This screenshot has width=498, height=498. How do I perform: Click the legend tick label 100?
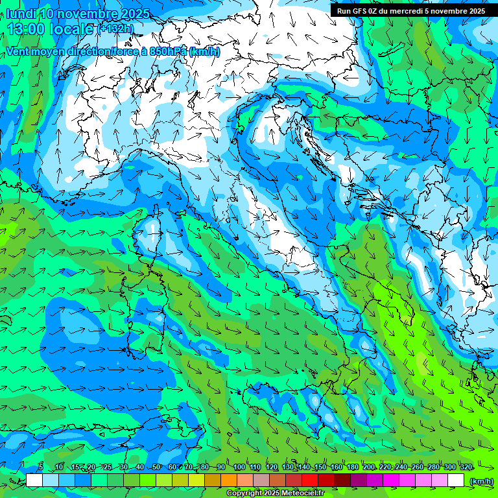coord(239,467)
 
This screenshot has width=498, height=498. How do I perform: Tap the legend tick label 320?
coord(466,467)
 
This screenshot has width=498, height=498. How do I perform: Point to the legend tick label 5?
coord(41,467)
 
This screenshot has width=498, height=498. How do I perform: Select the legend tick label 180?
coord(353,467)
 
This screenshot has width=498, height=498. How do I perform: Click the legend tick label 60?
coord(172,467)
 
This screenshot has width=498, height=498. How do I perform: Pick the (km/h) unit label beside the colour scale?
coord(481,480)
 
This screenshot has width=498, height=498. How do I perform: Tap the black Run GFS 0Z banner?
coord(413,10)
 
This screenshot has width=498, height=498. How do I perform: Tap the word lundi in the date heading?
coord(21,14)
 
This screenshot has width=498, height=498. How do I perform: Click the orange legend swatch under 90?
coord(228,480)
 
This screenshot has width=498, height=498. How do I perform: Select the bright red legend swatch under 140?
coord(310,480)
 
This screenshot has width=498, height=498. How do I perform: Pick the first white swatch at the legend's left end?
coord(34,480)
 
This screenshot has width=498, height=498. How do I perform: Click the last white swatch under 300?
coord(456,480)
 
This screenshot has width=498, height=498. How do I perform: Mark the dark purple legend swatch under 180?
coord(359,480)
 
